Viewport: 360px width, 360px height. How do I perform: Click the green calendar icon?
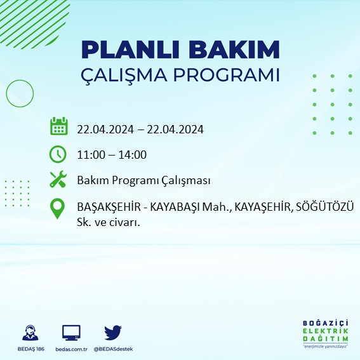(x=58, y=126)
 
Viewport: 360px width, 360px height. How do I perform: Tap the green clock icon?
(x=58, y=154)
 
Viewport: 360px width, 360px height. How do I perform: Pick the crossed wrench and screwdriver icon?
(x=58, y=180)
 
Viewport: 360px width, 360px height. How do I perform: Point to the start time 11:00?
(x=90, y=155)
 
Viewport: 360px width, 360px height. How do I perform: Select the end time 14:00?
(x=133, y=155)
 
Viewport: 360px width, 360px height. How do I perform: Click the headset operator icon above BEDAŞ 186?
(x=29, y=333)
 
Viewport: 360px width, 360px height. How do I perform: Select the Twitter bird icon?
(x=113, y=332)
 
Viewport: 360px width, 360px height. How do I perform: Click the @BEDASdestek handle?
(x=113, y=349)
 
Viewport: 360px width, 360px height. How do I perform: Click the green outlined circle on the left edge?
(x=20, y=93)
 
